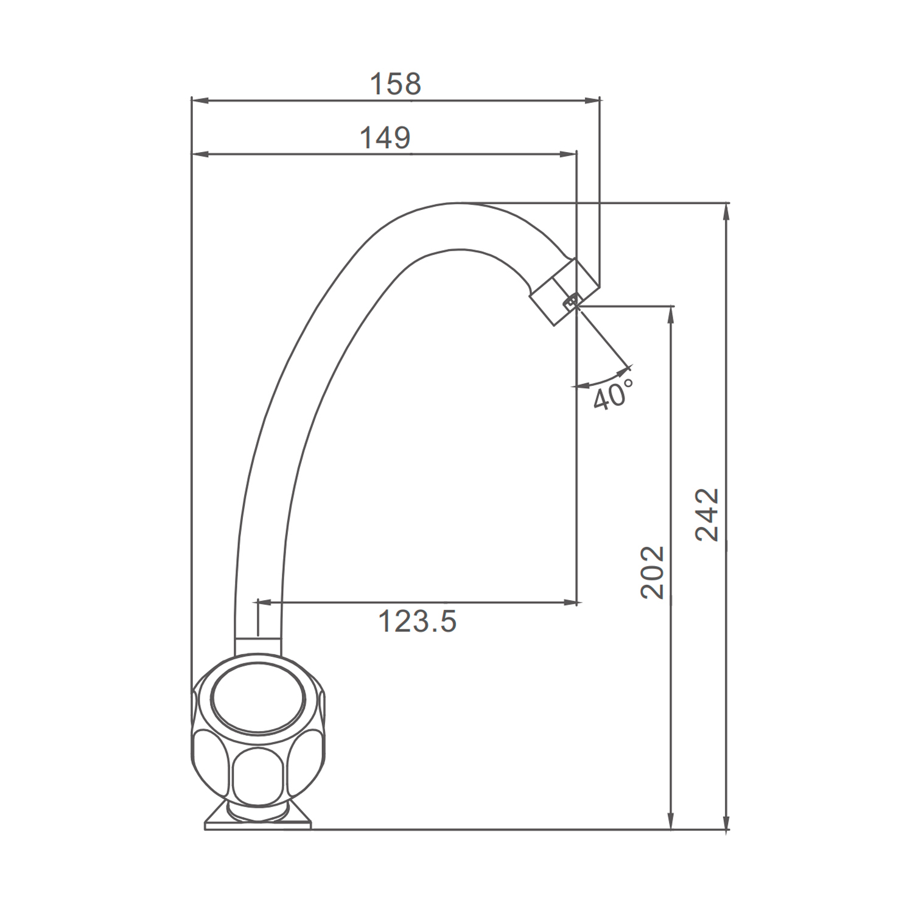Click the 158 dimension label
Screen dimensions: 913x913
click(x=396, y=84)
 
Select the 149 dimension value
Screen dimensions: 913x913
click(x=385, y=138)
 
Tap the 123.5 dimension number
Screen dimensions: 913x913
click(x=417, y=621)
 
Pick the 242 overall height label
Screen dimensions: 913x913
click(x=707, y=514)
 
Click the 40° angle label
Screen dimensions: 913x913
click(x=614, y=395)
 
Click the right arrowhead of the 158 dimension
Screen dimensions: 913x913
click(x=593, y=100)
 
